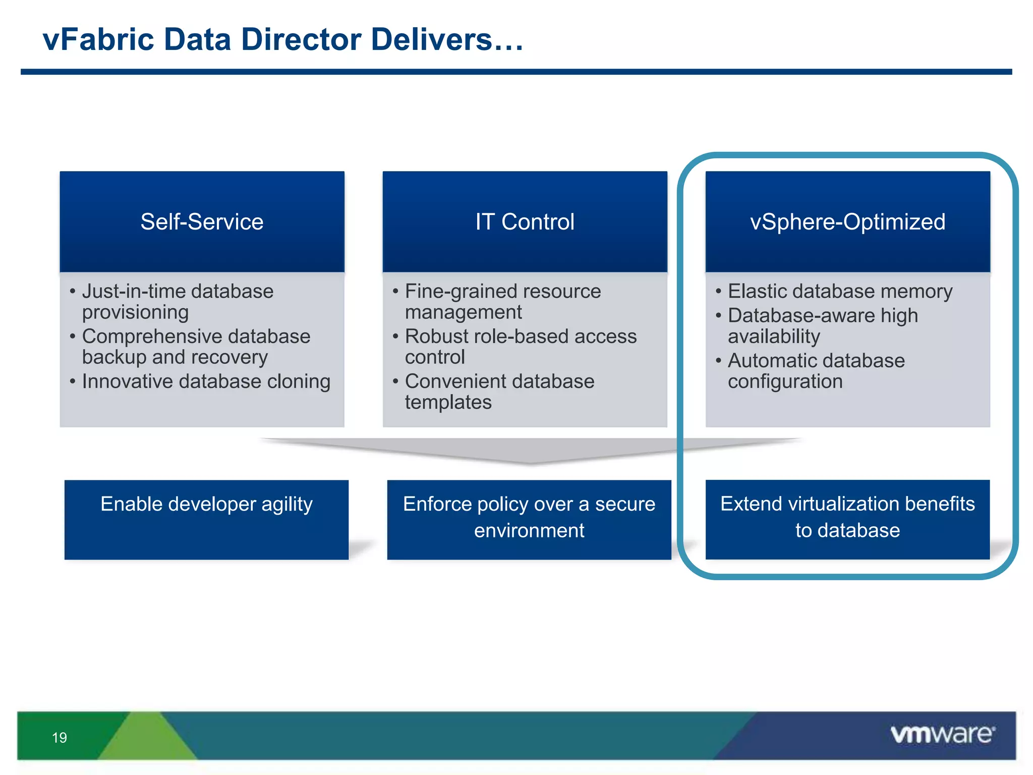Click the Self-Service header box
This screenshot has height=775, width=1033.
[202, 222]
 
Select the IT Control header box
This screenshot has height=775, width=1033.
[525, 222]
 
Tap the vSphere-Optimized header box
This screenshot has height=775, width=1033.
[847, 222]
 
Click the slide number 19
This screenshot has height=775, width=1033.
[60, 738]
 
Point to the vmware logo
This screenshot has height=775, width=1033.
[942, 734]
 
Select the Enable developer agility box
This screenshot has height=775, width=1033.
[206, 519]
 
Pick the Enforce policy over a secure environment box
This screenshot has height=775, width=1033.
[529, 519]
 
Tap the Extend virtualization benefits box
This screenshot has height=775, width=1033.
[847, 519]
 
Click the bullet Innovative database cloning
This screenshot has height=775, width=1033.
[206, 381]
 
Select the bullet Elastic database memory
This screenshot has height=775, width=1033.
[840, 292]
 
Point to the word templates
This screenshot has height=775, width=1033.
[448, 403]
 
